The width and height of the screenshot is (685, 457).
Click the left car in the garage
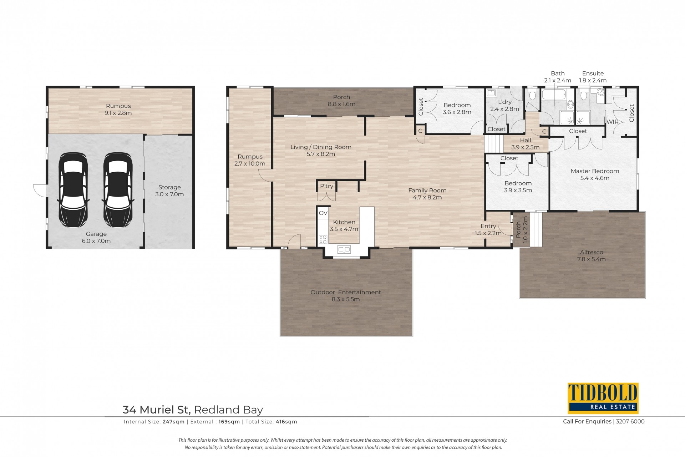(73, 190)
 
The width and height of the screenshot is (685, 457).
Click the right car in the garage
(118, 190)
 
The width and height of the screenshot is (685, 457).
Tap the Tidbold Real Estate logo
(603, 398)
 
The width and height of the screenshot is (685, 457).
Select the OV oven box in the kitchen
(323, 213)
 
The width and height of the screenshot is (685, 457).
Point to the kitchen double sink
(344, 249)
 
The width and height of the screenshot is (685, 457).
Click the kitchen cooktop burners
(323, 239)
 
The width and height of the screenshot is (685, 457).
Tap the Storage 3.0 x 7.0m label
(169, 191)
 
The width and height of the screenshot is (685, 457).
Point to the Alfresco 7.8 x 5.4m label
(592, 256)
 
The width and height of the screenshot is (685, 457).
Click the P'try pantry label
(326, 186)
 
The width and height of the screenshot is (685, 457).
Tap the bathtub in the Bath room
(554, 95)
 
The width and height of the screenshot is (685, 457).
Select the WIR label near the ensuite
(613, 122)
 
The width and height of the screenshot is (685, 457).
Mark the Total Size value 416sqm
(286, 422)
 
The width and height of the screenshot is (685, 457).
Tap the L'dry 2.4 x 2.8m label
(504, 106)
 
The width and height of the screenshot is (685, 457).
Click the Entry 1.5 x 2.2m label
(488, 230)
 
